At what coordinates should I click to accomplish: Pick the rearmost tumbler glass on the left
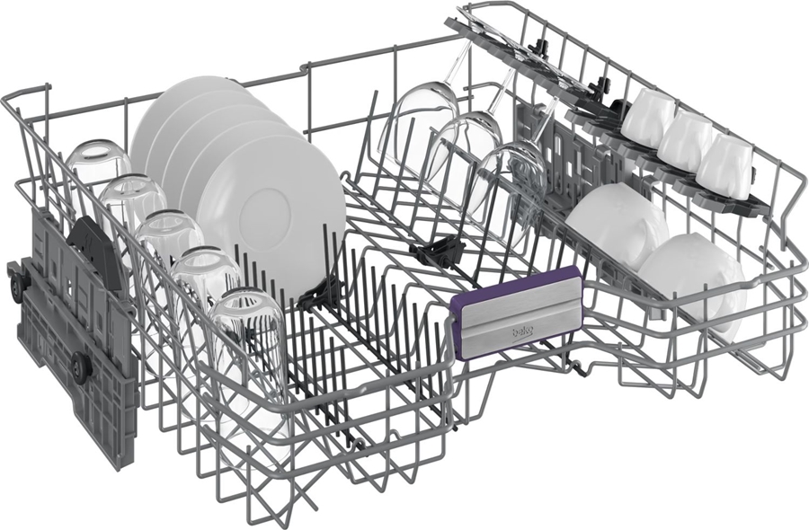(x=98, y=166)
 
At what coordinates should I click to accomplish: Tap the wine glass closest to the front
(x=511, y=190)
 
